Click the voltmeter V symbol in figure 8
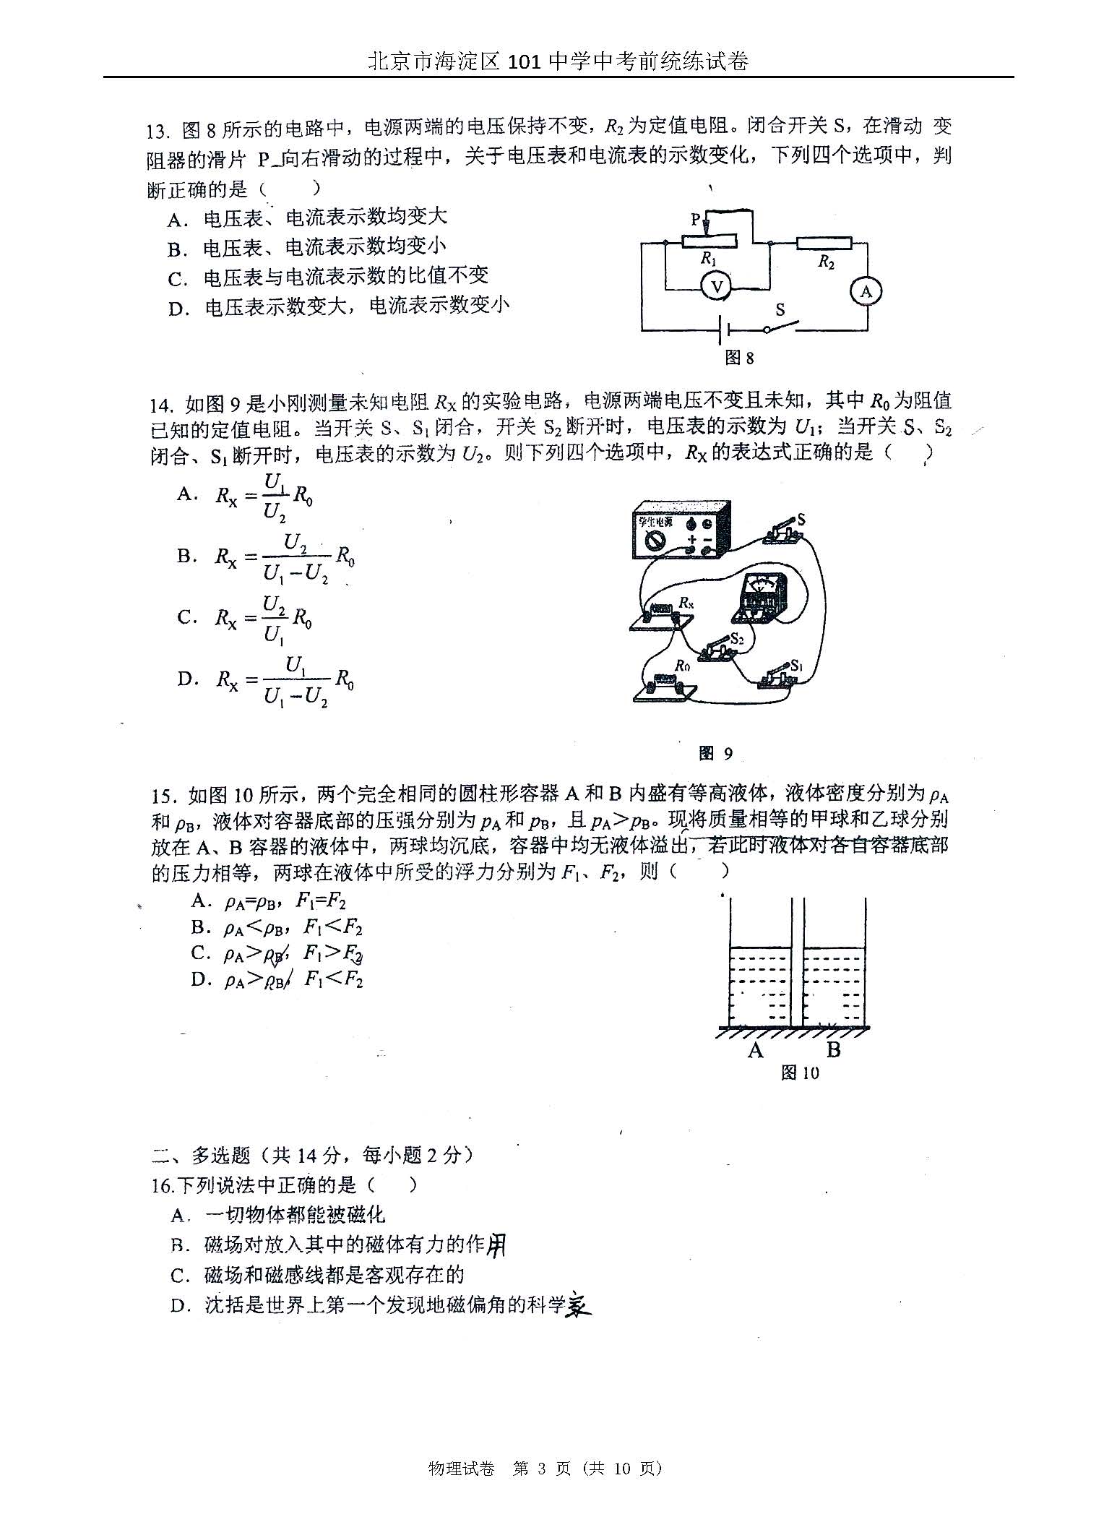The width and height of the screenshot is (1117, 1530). pos(717,287)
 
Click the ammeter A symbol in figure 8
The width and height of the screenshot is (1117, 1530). pos(866,292)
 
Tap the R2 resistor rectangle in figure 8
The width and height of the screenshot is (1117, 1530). pos(824,244)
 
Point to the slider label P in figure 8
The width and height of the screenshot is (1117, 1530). pos(695,219)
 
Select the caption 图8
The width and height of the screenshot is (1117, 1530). pos(739,358)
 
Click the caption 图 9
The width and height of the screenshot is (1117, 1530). pos(716,754)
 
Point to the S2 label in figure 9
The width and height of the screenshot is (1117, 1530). pos(737,638)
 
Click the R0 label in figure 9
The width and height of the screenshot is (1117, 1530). pos(682,666)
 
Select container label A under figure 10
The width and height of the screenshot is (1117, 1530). pos(756,1050)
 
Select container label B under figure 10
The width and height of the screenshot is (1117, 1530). pos(833,1050)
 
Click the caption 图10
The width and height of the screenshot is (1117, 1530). pos(800,1073)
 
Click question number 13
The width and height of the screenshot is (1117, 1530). pos(157,131)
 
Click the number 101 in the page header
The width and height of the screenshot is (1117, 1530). pos(525,61)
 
